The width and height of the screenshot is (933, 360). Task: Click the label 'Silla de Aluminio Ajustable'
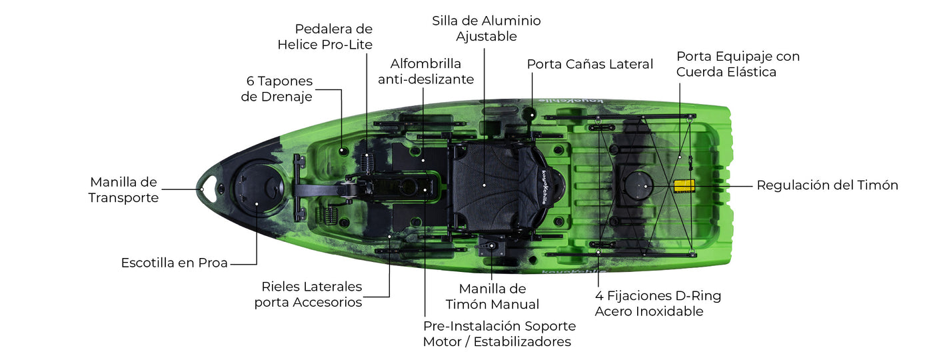pyautogui.click(x=486, y=29)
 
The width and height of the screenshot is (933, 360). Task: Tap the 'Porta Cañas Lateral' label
pyautogui.click(x=590, y=64)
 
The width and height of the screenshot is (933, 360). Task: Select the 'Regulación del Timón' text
pyautogui.click(x=827, y=185)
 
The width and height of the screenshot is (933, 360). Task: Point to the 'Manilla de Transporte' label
pyautogui.click(x=123, y=190)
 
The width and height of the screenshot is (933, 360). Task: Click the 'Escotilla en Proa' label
pyautogui.click(x=174, y=263)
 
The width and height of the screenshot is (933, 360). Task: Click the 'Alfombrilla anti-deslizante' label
pyautogui.click(x=426, y=71)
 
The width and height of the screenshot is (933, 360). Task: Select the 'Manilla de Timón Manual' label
pyautogui.click(x=492, y=297)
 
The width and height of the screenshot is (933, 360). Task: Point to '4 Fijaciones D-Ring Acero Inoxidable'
pyautogui.click(x=658, y=303)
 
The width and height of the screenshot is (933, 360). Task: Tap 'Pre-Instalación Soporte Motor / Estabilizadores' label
pyautogui.click(x=498, y=334)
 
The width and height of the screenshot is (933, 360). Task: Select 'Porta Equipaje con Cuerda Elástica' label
pyautogui.click(x=738, y=64)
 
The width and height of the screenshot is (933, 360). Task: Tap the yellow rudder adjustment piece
pyautogui.click(x=684, y=185)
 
